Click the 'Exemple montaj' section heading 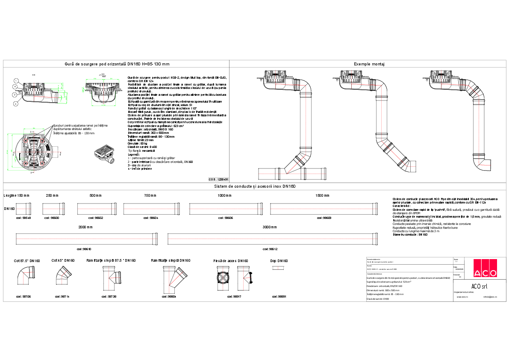tap(369, 64)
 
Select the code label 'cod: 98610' tap(84, 248)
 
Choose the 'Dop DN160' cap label tap(279, 261)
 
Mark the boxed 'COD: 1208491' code tap(218, 180)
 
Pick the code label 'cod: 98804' tap(169, 296)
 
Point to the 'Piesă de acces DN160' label tap(231, 261)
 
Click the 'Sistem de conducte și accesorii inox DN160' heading tap(255, 186)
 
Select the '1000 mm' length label tap(224, 195)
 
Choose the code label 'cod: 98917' tap(234, 296)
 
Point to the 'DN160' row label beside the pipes tap(9, 209)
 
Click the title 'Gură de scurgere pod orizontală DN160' tap(116, 64)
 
